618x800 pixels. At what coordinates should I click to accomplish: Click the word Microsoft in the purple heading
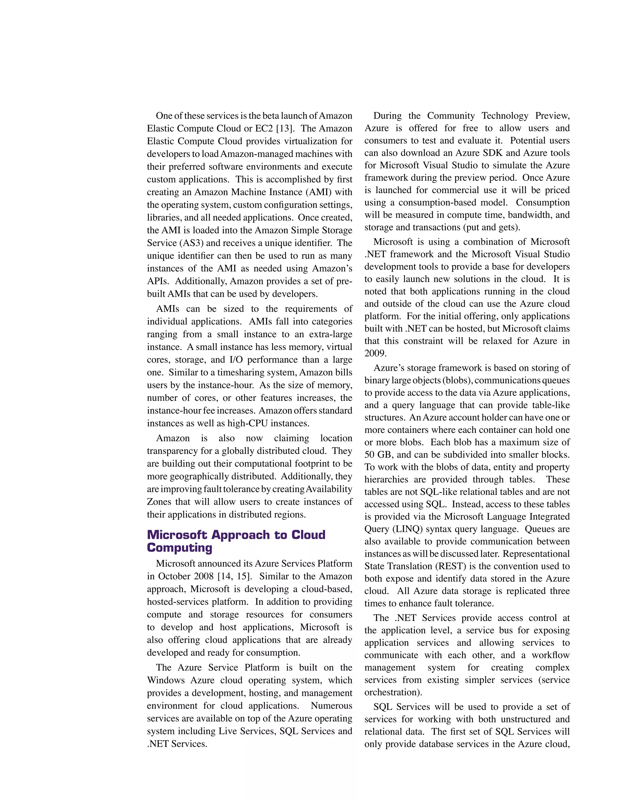(177, 535)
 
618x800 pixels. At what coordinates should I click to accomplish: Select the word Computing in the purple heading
(180, 548)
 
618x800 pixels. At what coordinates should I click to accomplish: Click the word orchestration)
(393, 692)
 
